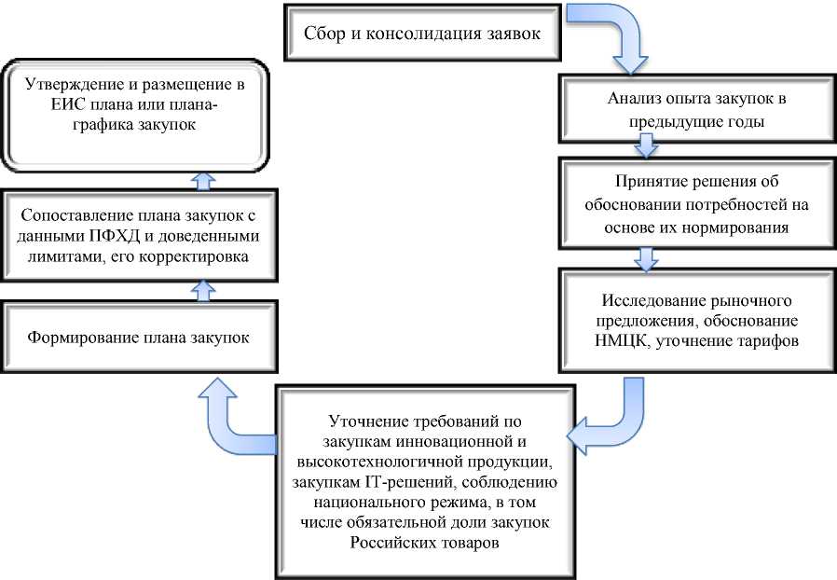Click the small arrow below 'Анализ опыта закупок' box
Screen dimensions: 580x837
tap(644, 145)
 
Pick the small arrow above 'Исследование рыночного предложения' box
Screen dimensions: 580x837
tap(644, 255)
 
